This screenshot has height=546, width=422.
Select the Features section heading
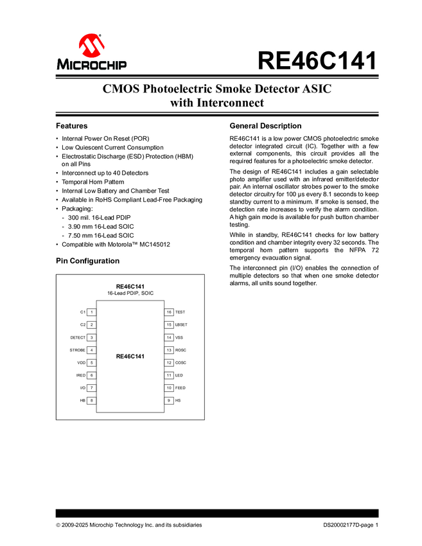pyautogui.click(x=71, y=126)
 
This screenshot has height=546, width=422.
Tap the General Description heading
pyautogui.click(x=265, y=126)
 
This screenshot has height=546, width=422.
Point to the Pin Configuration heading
pyautogui.click(x=87, y=261)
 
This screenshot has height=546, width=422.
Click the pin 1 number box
pyautogui.click(x=92, y=312)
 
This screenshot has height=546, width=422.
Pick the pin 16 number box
pyautogui.click(x=169, y=312)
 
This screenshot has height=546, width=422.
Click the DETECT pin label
pyautogui.click(x=78, y=337)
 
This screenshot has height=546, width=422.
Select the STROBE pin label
pyautogui.click(x=78, y=350)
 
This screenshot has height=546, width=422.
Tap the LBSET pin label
pyautogui.click(x=181, y=325)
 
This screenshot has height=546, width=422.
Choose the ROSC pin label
pyautogui.click(x=180, y=350)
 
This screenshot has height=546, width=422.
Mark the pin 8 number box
pyautogui.click(x=92, y=401)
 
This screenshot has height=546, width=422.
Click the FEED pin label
pyautogui.click(x=180, y=388)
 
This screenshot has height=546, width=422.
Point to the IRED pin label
pyautogui.click(x=81, y=375)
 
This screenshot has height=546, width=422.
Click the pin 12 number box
pyautogui.click(x=169, y=363)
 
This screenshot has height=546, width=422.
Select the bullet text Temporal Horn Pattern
pyautogui.click(x=94, y=182)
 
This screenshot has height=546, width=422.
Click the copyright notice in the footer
pyautogui.click(x=128, y=525)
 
